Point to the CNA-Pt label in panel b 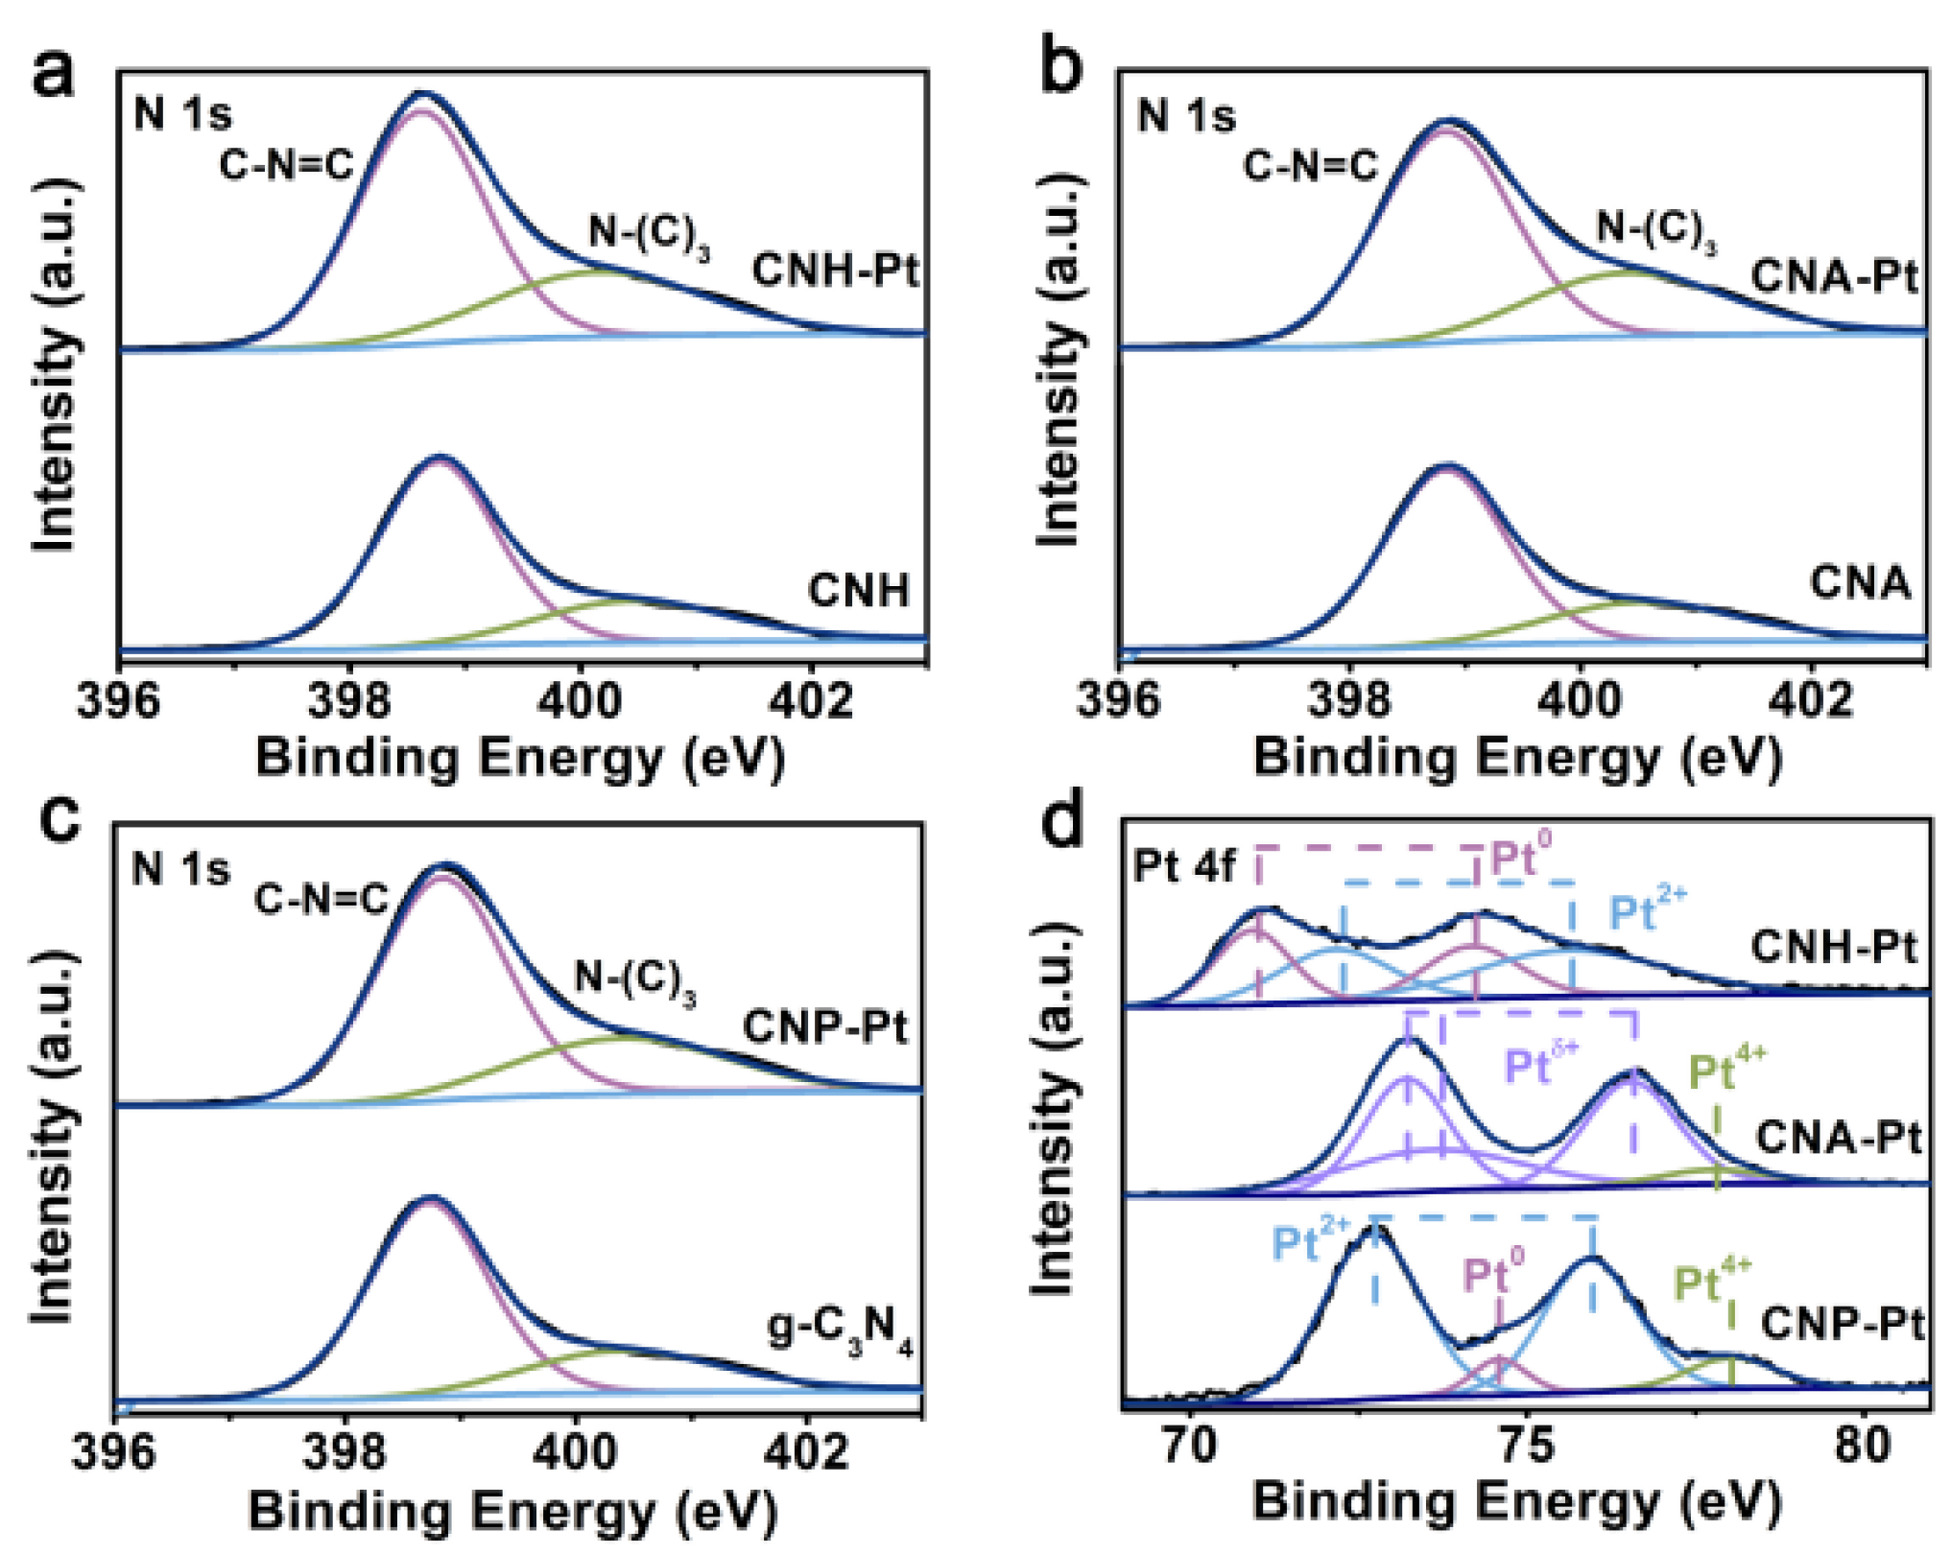point(1834,276)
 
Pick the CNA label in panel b point(1860,582)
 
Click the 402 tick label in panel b point(1811,701)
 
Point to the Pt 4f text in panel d point(1184,865)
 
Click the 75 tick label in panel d point(1526,1446)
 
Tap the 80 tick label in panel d point(1863,1446)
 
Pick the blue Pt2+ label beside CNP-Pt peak point(1310,1242)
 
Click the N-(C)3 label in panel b point(1655,230)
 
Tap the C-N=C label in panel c point(321,899)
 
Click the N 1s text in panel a point(182,114)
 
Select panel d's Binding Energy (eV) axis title point(1516,1502)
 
